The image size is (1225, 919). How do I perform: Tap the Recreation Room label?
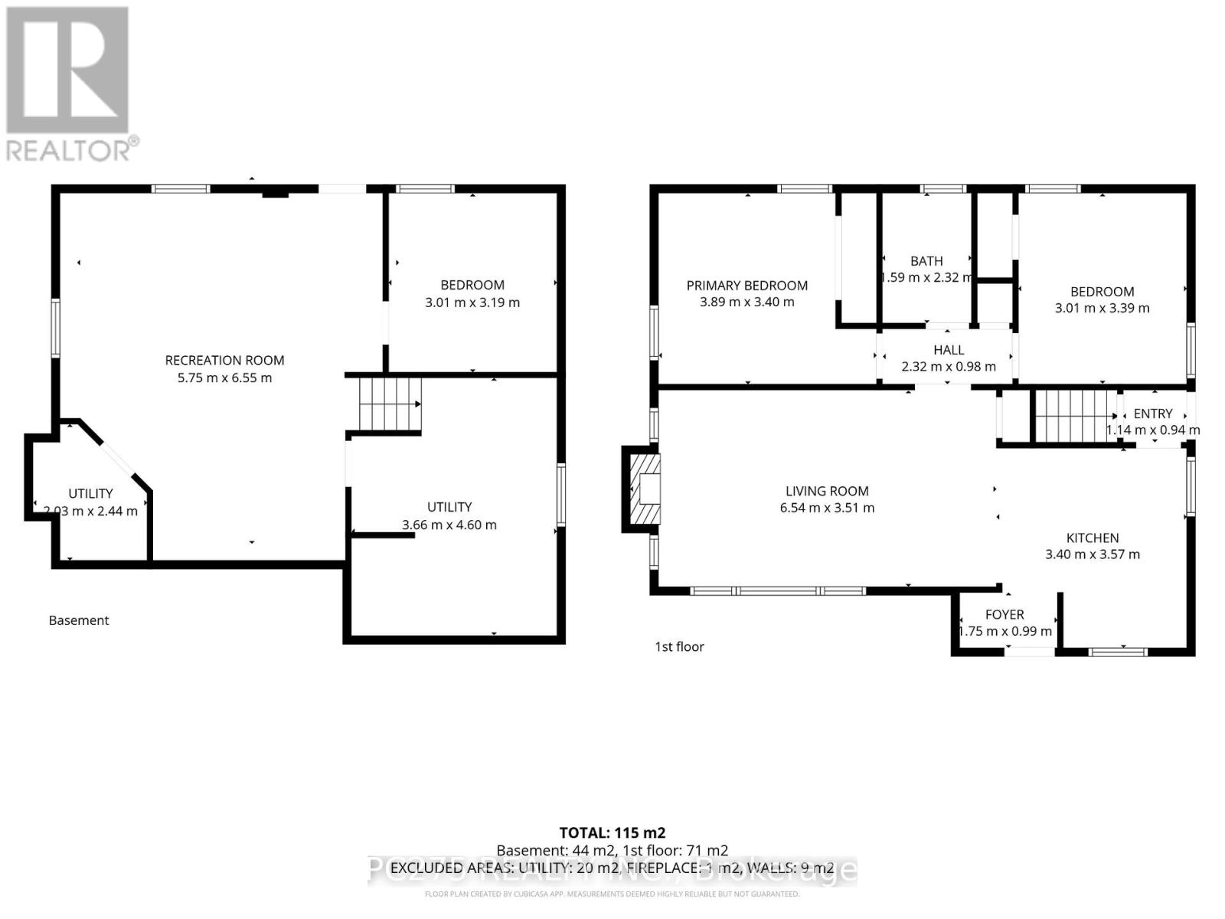pyautogui.click(x=224, y=360)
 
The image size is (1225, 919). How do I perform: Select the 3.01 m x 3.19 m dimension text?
pyautogui.click(x=472, y=303)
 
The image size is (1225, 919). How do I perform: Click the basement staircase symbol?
pyautogui.click(x=390, y=404)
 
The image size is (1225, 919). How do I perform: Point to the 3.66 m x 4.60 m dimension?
pyautogui.click(x=449, y=525)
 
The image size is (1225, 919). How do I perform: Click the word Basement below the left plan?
pyautogui.click(x=79, y=620)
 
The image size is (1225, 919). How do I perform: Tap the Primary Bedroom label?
pyautogui.click(x=746, y=286)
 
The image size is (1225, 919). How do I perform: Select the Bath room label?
pyautogui.click(x=926, y=261)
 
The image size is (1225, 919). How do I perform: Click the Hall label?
pyautogui.click(x=949, y=350)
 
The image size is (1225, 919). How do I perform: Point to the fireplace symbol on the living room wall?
pyautogui.click(x=642, y=489)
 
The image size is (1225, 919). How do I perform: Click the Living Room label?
pyautogui.click(x=827, y=491)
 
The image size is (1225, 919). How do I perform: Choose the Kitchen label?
pyautogui.click(x=1093, y=538)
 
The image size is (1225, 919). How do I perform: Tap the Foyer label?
pyautogui.click(x=1004, y=614)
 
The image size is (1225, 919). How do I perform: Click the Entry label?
pyautogui.click(x=1153, y=414)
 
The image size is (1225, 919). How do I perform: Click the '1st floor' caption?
pyautogui.click(x=679, y=646)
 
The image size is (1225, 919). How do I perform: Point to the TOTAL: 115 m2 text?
pyautogui.click(x=612, y=832)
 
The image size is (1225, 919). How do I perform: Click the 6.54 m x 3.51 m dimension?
pyautogui.click(x=827, y=508)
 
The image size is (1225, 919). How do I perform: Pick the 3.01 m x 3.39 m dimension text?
pyautogui.click(x=1102, y=309)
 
